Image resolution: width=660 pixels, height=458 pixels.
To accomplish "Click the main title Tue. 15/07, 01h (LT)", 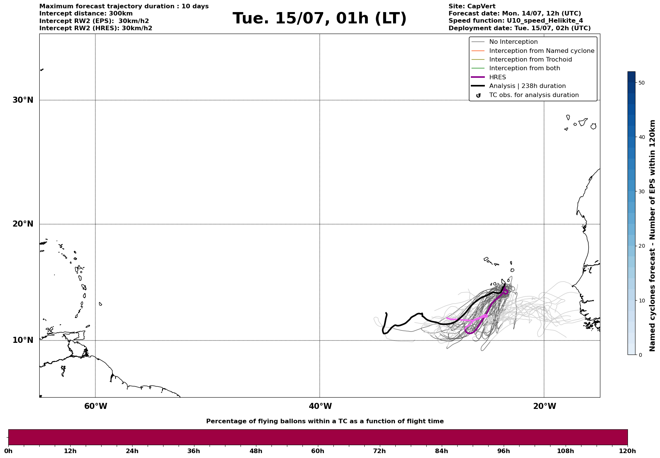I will click(x=319, y=19).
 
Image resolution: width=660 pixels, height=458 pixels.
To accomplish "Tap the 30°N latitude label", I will click(x=23, y=100).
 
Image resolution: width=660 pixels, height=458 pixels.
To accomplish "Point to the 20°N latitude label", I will click(x=23, y=224).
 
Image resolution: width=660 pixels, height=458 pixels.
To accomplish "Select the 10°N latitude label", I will click(x=23, y=340).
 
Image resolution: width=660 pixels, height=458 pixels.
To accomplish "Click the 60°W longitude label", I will click(x=96, y=406).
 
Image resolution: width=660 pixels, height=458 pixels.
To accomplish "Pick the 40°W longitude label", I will click(x=320, y=406).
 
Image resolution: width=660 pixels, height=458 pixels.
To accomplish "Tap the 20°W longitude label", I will click(x=544, y=406).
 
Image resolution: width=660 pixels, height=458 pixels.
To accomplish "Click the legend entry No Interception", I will click(x=513, y=42).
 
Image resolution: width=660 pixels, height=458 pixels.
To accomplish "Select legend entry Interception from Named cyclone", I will click(x=541, y=51).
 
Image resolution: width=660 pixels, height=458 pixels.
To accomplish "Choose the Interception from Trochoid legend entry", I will click(x=530, y=60).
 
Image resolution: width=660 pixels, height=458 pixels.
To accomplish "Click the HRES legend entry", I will click(x=497, y=77).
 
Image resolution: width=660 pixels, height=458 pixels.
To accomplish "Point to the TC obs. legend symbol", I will click(x=478, y=96).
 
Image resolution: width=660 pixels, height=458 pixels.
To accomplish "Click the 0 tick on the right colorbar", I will click(x=640, y=355).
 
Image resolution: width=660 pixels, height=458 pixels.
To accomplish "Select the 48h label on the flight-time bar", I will click(x=256, y=451).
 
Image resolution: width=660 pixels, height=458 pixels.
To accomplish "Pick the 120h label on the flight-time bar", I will click(x=628, y=451).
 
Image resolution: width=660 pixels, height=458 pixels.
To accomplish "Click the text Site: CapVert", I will click(x=472, y=6).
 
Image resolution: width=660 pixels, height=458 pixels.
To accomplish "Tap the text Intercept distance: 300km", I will click(x=86, y=14).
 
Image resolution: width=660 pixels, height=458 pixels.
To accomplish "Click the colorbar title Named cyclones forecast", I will click(x=652, y=236).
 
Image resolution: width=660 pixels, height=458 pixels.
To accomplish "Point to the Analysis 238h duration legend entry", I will click(x=527, y=86).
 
